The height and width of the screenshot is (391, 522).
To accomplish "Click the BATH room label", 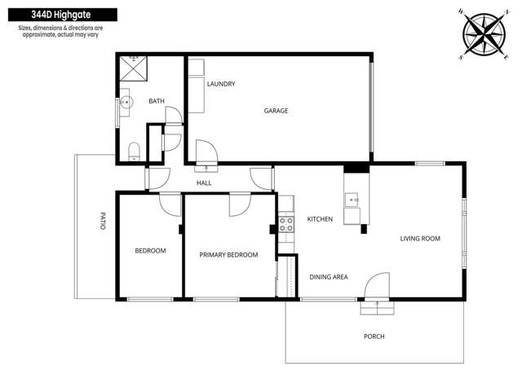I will [156, 101].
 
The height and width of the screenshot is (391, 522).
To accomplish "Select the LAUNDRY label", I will [221, 84].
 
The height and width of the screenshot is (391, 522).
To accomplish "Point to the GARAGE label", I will [276, 111].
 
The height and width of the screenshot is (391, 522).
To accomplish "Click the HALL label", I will [204, 183].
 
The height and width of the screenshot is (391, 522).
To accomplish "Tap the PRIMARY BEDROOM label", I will [228, 255].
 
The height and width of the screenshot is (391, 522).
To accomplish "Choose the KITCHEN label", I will [320, 219].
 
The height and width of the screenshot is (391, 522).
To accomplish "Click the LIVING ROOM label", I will [420, 239].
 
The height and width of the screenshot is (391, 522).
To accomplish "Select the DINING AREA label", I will [329, 277].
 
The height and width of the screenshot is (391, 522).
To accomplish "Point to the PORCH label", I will [374, 336].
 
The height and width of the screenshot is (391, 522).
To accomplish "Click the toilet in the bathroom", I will [134, 151].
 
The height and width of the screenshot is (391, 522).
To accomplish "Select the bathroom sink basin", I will [125, 104].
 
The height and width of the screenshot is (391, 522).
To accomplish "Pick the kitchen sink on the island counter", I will [352, 198].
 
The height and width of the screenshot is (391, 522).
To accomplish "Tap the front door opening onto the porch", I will [377, 292].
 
